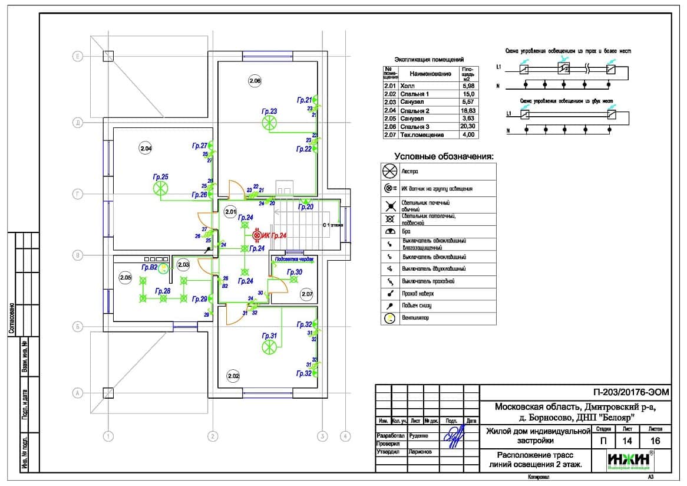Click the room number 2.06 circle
click(x=255, y=81)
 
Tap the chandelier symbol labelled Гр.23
click(x=269, y=123)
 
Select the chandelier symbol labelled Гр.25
click(x=160, y=188)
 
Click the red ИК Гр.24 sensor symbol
click(x=257, y=235)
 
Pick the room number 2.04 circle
click(x=146, y=149)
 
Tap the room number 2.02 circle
click(x=233, y=376)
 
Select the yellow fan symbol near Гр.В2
click(x=164, y=268)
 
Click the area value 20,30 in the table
click(x=469, y=127)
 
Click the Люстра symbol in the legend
click(x=390, y=172)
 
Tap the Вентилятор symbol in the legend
click(x=389, y=318)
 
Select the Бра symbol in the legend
click(x=389, y=232)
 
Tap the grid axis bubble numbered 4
click(x=345, y=436)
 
